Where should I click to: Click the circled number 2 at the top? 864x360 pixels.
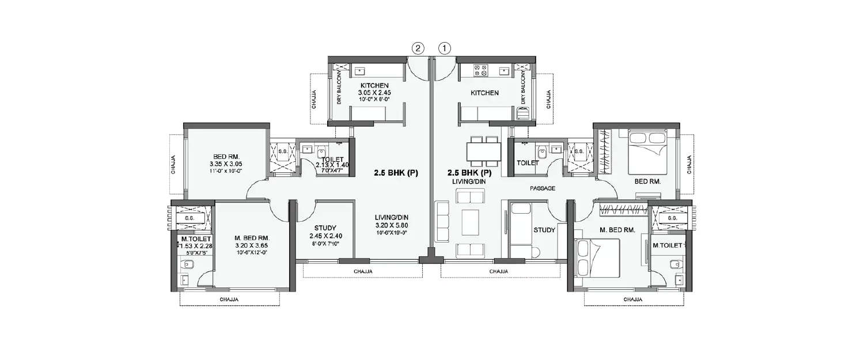pos(418,49)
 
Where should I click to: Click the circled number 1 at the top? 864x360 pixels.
pos(445,49)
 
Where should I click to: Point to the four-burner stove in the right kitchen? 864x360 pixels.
pos(480,71)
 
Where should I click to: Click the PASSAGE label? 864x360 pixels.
pos(543,188)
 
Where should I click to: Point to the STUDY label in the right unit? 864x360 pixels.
pos(544,230)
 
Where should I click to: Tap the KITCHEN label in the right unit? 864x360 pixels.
pos(484,93)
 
